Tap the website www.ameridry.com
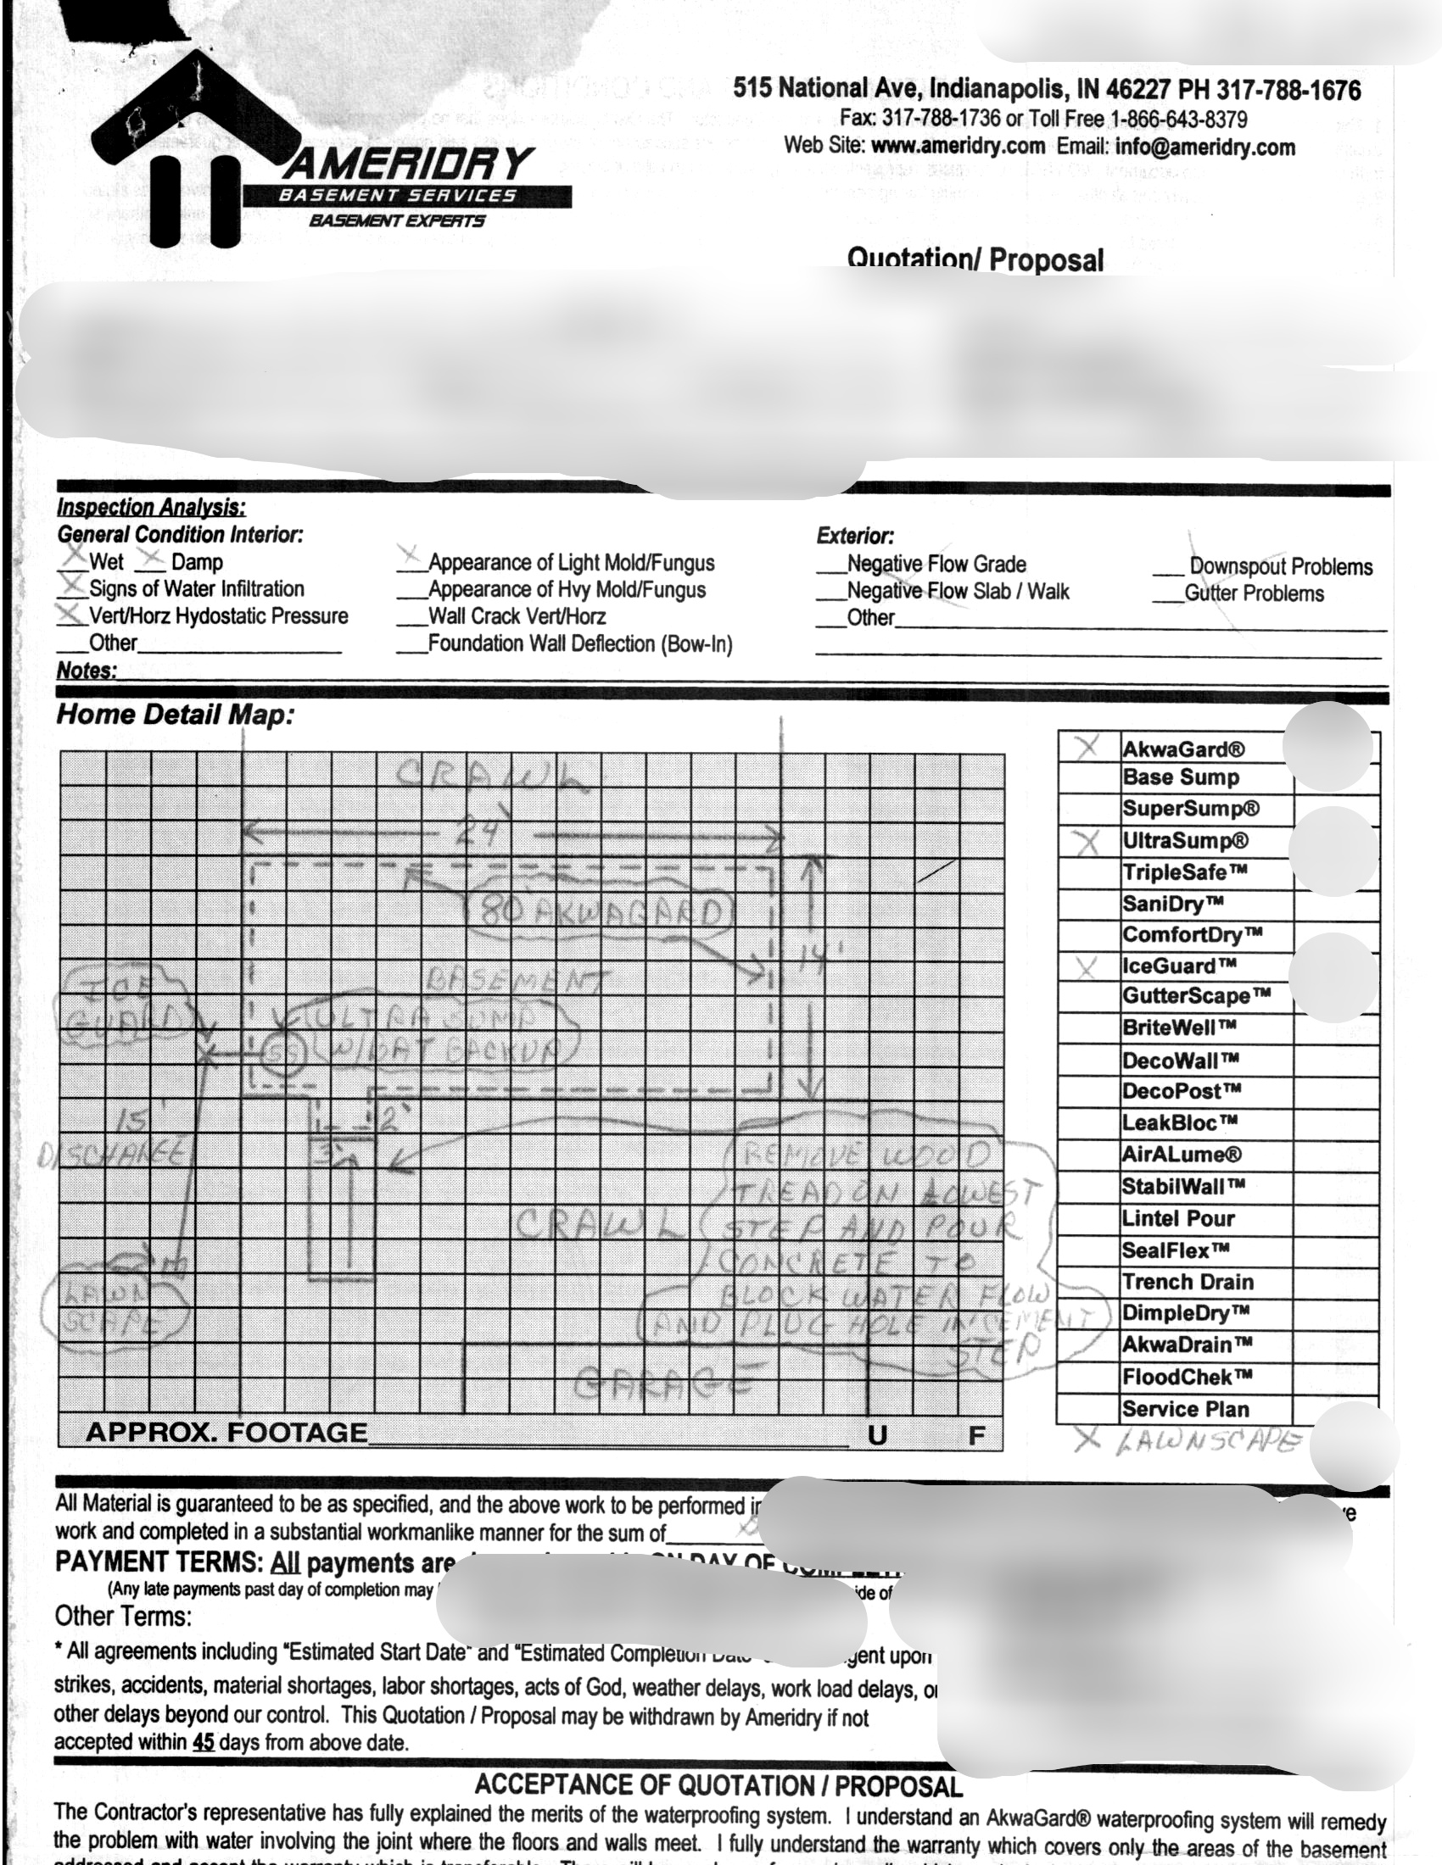tap(958, 146)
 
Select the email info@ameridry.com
tap(1205, 147)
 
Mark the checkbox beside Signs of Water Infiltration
tap(73, 587)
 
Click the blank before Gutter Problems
tap(1166, 594)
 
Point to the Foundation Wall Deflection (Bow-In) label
tap(580, 644)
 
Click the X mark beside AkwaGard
tap(1087, 748)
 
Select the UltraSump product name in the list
tap(1185, 841)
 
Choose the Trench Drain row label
tap(1188, 1282)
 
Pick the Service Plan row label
tap(1185, 1409)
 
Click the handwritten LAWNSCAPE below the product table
tap(1208, 1442)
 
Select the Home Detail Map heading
tap(175, 714)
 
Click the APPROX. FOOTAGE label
tap(226, 1432)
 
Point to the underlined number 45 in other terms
tap(204, 1742)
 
